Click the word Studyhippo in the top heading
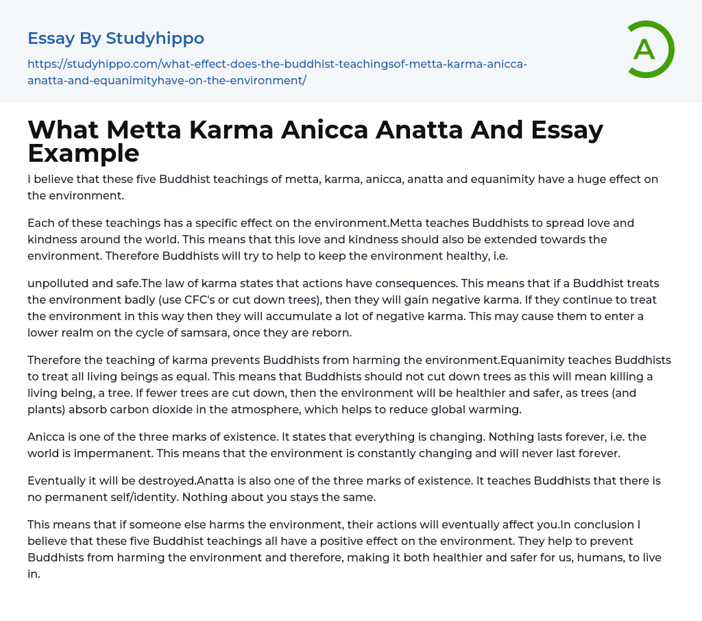pyautogui.click(x=155, y=38)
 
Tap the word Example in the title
pyautogui.click(x=84, y=153)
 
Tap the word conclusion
pyautogui.click(x=607, y=524)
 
